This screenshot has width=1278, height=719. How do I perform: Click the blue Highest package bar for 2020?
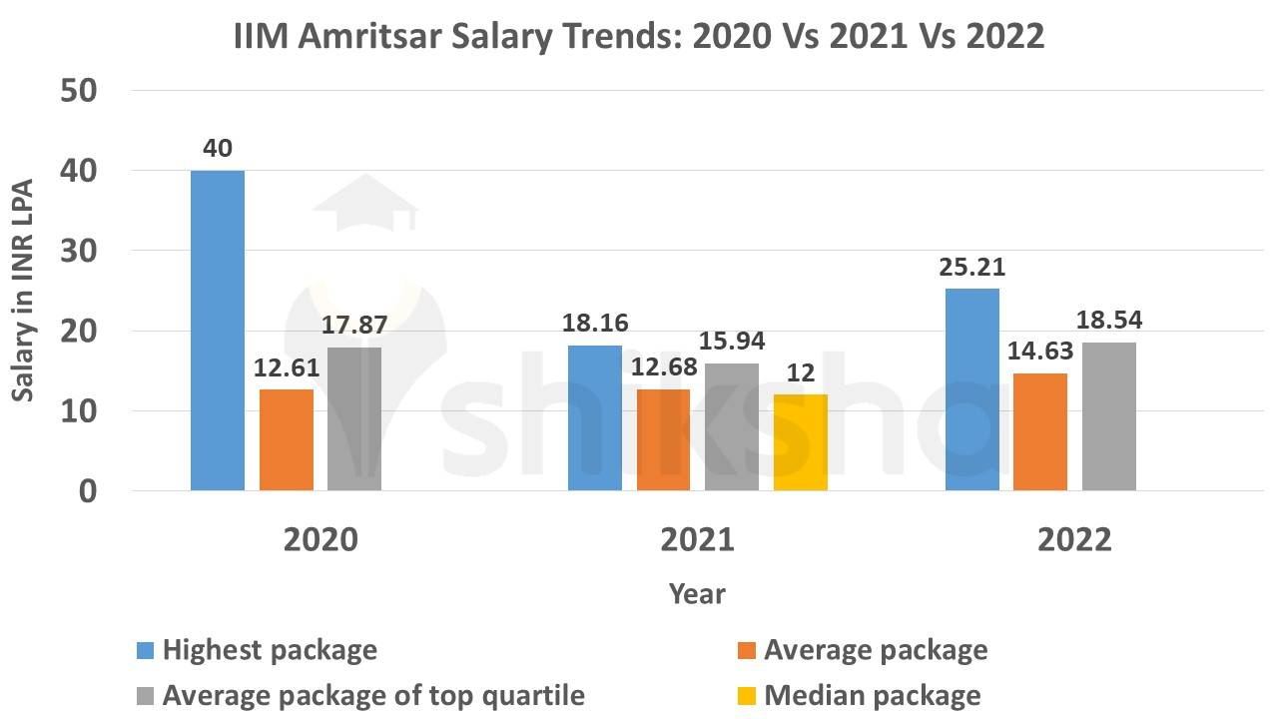218,330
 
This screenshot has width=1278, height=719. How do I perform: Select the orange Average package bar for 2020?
286,439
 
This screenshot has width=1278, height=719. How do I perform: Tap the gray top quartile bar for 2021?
732,426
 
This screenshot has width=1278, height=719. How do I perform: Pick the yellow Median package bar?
800,442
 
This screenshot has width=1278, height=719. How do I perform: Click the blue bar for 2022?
972,389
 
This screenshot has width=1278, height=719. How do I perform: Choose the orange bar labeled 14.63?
1040,431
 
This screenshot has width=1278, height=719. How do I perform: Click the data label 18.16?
595,325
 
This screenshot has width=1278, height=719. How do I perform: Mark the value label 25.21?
971,268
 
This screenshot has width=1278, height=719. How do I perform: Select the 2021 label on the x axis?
697,539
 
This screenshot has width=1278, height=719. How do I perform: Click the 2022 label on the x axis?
1074,539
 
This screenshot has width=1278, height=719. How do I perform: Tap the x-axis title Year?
697,593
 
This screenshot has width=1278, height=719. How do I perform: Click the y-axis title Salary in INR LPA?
24,290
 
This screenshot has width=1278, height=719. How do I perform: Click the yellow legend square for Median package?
746,695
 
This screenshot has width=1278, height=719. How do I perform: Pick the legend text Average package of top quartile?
373,694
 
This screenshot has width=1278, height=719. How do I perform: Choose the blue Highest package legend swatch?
145,651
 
